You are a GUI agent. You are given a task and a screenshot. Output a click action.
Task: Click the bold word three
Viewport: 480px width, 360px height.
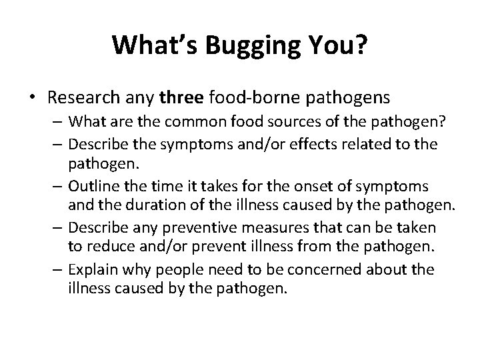pyautogui.click(x=181, y=98)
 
